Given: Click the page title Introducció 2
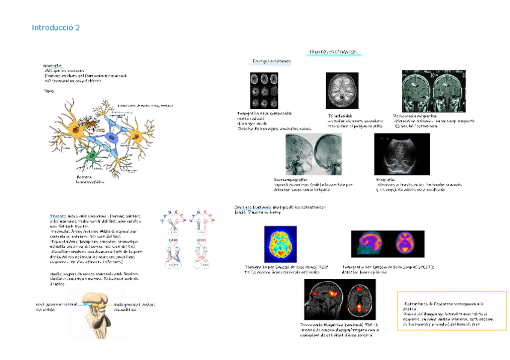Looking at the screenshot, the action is coord(55,28).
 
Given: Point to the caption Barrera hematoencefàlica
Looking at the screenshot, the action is coord(90,179).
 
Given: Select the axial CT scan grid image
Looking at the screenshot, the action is coord(264,90).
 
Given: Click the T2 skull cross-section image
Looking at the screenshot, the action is coord(342,91).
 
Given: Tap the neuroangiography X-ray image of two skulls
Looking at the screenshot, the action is coord(313,154).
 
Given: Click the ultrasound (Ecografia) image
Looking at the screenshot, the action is coord(402,154).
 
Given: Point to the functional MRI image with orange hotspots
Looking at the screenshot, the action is coord(339,299).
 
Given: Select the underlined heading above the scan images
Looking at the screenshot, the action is coord(328,52).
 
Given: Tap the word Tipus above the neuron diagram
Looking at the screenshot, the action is coord(49,91).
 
